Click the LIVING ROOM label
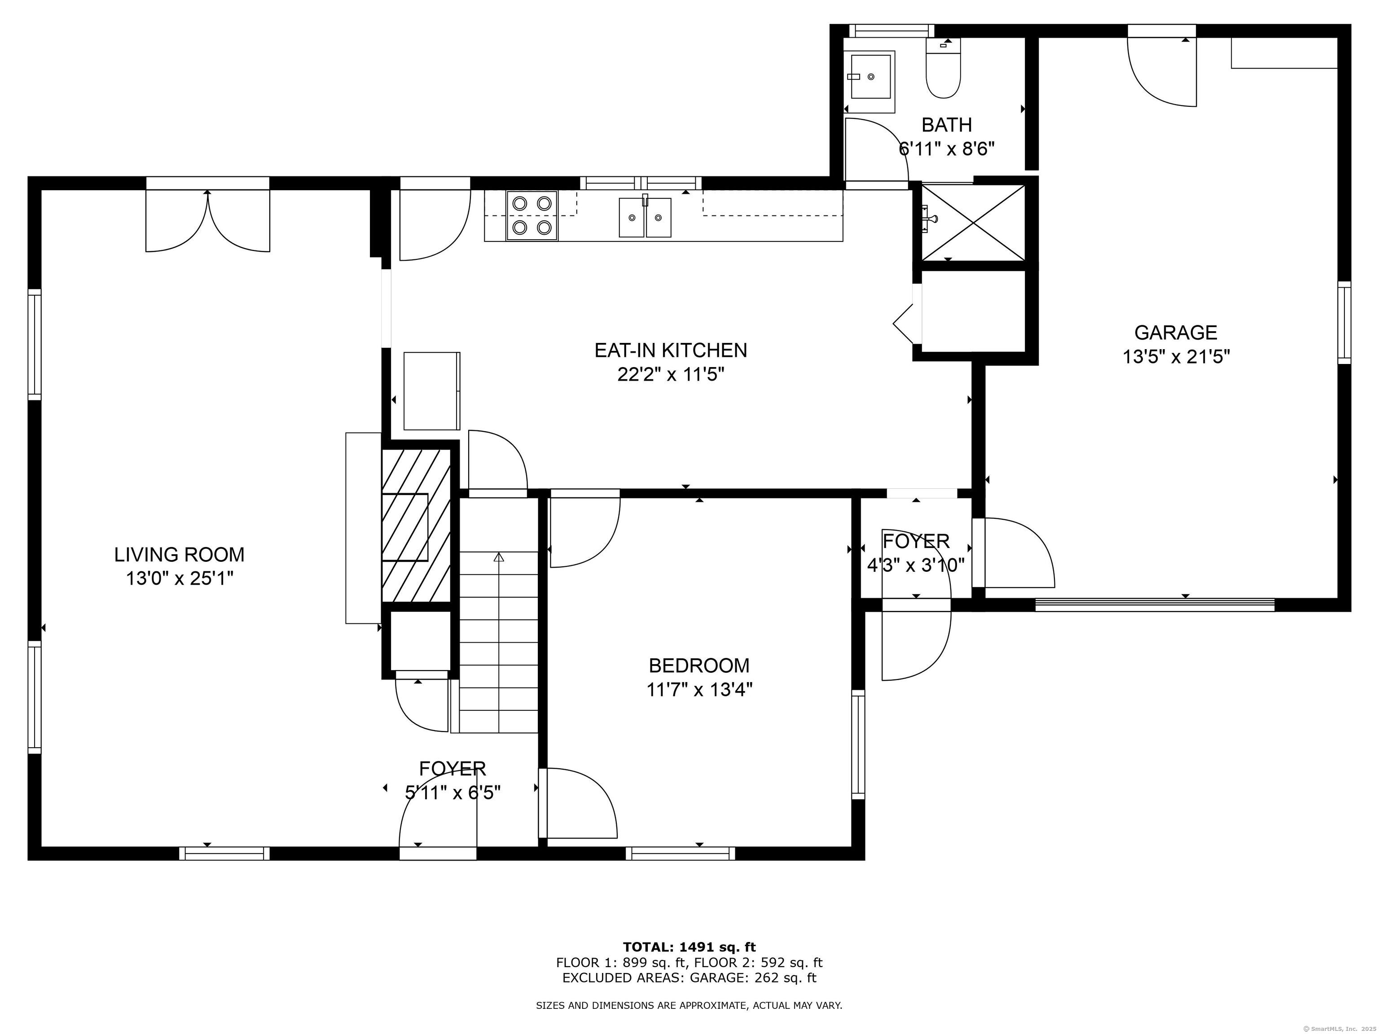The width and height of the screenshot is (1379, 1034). click(x=179, y=554)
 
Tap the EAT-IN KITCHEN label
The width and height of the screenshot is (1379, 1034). click(x=670, y=350)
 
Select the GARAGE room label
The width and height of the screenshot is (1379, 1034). click(x=1175, y=332)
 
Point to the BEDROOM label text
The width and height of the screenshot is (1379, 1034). click(x=699, y=666)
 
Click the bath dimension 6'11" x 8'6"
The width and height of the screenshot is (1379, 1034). click(x=946, y=149)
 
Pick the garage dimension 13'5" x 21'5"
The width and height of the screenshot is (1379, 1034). click(x=1176, y=356)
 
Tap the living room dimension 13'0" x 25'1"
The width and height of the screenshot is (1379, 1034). click(x=180, y=578)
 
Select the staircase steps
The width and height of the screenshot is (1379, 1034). click(x=499, y=642)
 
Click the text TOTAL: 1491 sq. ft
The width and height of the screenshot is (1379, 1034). click(x=689, y=947)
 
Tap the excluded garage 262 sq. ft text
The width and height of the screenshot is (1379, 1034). click(x=689, y=977)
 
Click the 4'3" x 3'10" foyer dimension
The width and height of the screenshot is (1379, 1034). click(x=916, y=565)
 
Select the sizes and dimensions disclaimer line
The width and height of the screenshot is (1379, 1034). click(x=689, y=1005)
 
